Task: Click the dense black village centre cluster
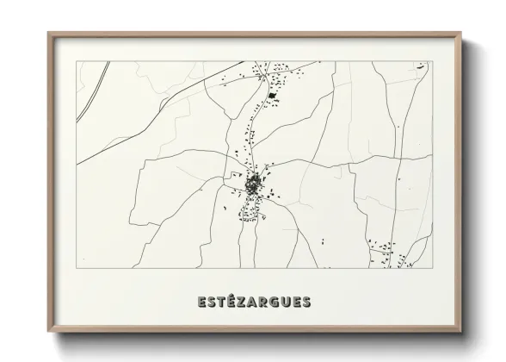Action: [x=254, y=183]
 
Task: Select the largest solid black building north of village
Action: [x=273, y=96]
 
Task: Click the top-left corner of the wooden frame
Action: [x=47, y=33]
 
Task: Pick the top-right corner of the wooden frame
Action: [x=461, y=33]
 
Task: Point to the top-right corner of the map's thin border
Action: [x=433, y=62]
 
